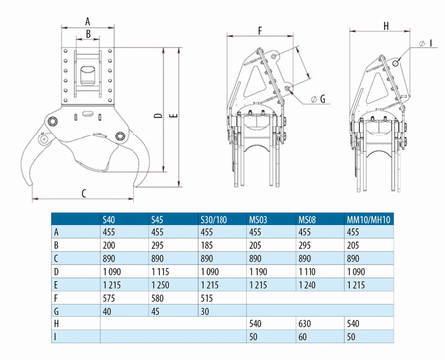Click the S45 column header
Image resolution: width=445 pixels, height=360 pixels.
(x=157, y=220)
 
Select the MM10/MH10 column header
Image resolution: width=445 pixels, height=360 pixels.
(x=368, y=220)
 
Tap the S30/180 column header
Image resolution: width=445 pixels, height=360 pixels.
(x=214, y=220)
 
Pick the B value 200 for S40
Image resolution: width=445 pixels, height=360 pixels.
(x=109, y=245)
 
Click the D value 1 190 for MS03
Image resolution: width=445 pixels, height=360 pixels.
(x=258, y=272)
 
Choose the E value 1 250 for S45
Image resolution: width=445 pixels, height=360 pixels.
(x=160, y=285)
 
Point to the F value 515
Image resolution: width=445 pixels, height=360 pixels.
(x=207, y=298)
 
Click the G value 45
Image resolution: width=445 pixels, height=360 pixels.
(x=155, y=311)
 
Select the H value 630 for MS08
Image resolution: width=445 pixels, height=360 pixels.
(x=305, y=324)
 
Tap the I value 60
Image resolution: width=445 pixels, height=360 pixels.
(x=302, y=337)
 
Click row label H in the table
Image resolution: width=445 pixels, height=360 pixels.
(x=56, y=324)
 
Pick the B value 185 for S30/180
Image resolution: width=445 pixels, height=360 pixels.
(x=207, y=245)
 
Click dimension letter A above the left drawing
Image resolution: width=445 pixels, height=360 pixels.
(x=87, y=22)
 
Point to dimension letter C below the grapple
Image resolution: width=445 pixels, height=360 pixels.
(x=84, y=193)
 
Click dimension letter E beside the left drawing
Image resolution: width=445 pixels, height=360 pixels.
(x=175, y=115)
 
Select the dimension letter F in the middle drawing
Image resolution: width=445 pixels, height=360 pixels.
(x=260, y=31)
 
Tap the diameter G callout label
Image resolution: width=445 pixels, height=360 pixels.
(x=319, y=98)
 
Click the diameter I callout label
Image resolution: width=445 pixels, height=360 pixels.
(x=426, y=44)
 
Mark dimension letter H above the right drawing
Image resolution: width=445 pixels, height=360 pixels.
(x=386, y=26)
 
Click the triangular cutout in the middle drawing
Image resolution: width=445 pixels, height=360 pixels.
(x=256, y=82)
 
